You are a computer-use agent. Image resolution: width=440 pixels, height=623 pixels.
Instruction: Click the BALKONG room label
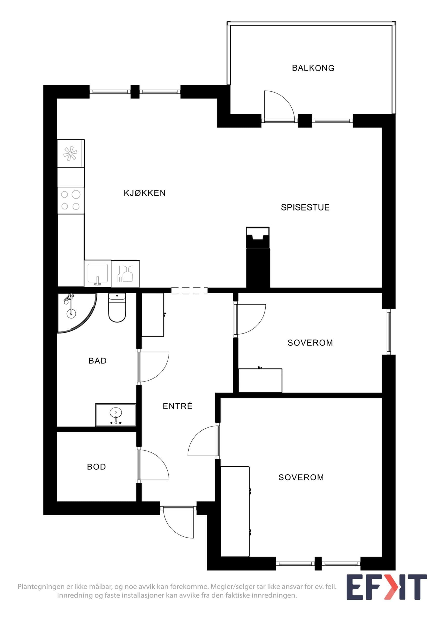313,68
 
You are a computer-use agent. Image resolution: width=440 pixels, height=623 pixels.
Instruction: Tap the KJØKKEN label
145,193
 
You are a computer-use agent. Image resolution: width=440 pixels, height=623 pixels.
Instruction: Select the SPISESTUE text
305,207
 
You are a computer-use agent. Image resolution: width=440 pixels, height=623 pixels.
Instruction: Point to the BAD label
98,361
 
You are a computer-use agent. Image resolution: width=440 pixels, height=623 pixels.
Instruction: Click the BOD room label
97,467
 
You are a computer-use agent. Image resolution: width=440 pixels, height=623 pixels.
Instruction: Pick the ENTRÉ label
177,406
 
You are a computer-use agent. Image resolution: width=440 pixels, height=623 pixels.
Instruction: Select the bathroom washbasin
116,415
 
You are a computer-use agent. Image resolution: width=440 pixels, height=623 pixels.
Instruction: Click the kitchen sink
98,274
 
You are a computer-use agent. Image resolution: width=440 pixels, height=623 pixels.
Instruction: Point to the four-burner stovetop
71,200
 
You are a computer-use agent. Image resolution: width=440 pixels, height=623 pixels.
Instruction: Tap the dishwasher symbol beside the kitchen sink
126,274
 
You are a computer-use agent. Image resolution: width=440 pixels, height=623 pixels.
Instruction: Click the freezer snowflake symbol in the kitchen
71,154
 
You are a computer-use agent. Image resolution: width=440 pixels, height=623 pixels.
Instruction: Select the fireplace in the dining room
258,238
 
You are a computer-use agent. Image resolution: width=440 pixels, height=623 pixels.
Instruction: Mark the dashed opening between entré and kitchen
189,290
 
